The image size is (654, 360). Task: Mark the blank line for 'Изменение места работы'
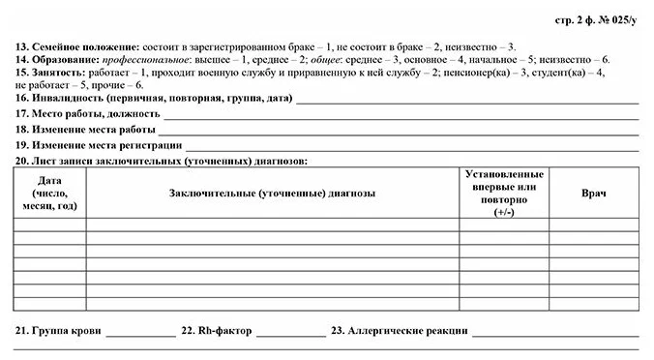point(397,129)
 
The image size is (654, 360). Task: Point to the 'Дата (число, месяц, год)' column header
point(49,194)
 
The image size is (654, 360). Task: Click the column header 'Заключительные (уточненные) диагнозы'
point(272,194)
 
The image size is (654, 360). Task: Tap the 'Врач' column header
point(593,194)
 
